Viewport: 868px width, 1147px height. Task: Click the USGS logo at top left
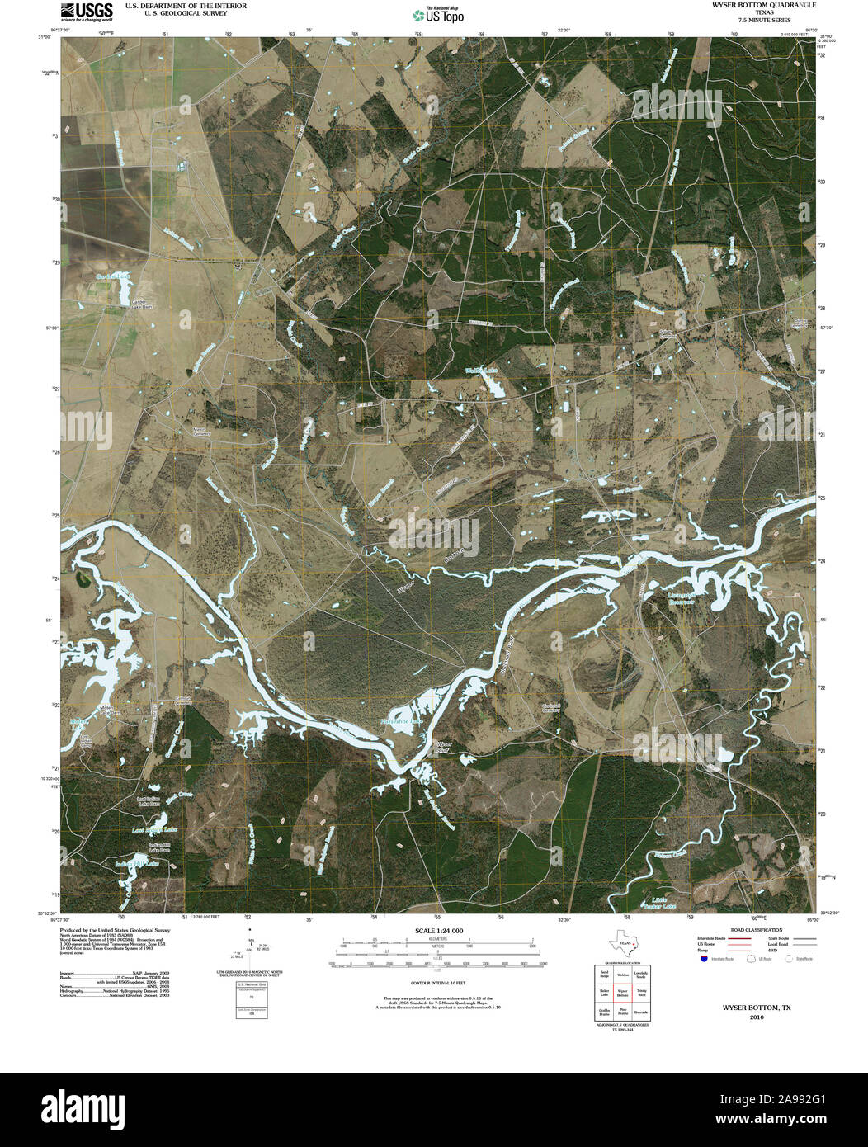pos(87,11)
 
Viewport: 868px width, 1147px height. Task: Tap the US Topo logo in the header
pos(437,14)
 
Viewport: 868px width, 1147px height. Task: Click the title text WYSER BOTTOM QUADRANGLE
pos(751,5)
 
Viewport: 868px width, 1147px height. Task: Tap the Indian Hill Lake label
pos(135,863)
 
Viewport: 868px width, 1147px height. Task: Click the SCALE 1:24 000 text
pos(433,931)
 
